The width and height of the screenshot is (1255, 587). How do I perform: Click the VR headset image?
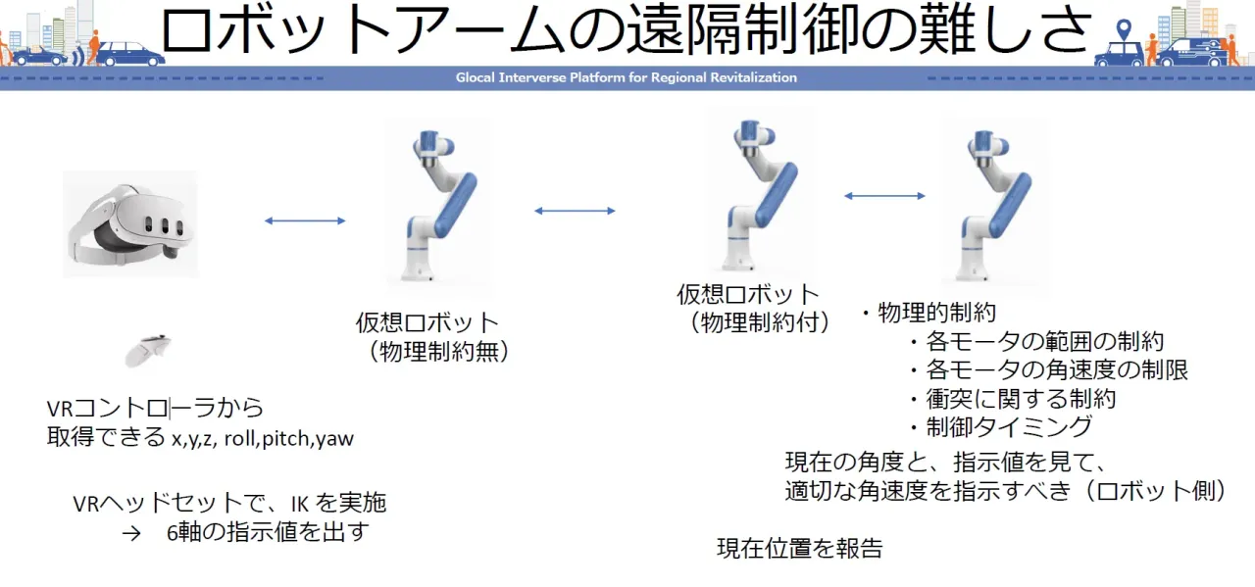130,223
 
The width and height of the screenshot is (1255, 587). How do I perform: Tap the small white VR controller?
149,351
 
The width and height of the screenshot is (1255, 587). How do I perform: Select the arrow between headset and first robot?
305,220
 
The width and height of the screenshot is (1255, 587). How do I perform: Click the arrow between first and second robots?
575,210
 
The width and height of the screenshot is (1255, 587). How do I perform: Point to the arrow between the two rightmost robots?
884,196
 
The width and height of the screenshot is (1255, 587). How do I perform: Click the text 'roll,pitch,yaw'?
288,439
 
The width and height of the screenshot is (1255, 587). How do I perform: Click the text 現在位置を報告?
799,549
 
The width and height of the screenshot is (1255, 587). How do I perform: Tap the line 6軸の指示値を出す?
269,534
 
